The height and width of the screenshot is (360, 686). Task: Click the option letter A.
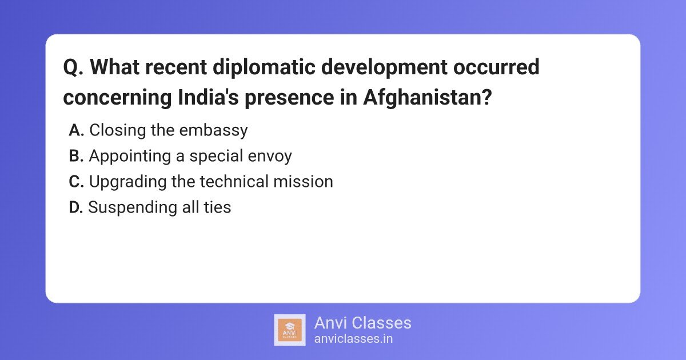point(77,131)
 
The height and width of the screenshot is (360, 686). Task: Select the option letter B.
point(77,156)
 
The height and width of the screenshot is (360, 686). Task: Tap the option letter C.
point(77,182)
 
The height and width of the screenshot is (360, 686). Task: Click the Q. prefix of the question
point(74,67)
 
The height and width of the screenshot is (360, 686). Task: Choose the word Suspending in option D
point(131,207)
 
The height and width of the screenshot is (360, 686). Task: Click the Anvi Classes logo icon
point(290,330)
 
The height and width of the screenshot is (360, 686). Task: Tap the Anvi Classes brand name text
point(362,323)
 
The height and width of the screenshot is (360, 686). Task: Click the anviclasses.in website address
point(353,338)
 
